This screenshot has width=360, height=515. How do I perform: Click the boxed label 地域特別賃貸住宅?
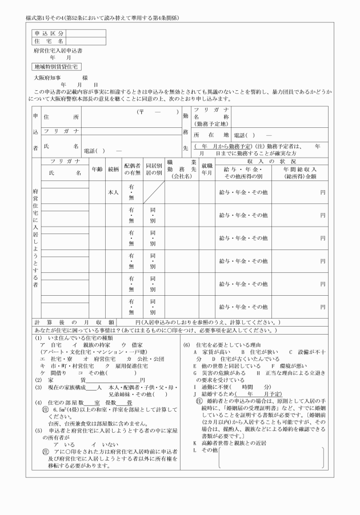[x=56, y=66]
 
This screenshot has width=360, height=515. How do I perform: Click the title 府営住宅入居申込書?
[x=57, y=51]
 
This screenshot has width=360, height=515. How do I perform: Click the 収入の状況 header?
[x=271, y=162]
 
